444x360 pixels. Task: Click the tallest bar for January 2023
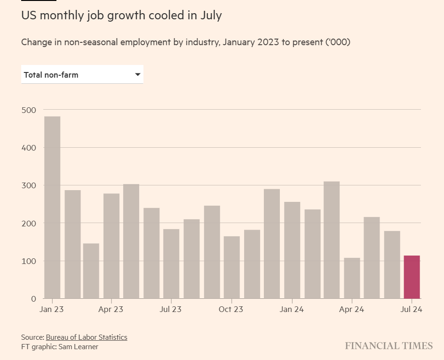(52, 207)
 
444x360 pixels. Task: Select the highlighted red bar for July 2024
(412, 277)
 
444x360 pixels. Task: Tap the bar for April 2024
(352, 278)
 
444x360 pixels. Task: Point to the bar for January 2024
(292, 250)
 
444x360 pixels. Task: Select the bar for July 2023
(171, 264)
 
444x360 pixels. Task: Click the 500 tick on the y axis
(29, 110)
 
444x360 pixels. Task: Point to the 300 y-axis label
(29, 185)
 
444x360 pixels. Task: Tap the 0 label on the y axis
(33, 299)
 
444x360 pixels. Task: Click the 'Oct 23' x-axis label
(231, 310)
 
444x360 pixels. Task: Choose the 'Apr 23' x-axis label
(111, 310)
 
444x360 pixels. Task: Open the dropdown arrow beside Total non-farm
(138, 75)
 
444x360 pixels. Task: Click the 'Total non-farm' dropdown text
(51, 75)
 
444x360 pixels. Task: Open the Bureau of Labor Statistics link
(87, 337)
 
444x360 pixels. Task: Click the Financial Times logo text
(388, 346)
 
